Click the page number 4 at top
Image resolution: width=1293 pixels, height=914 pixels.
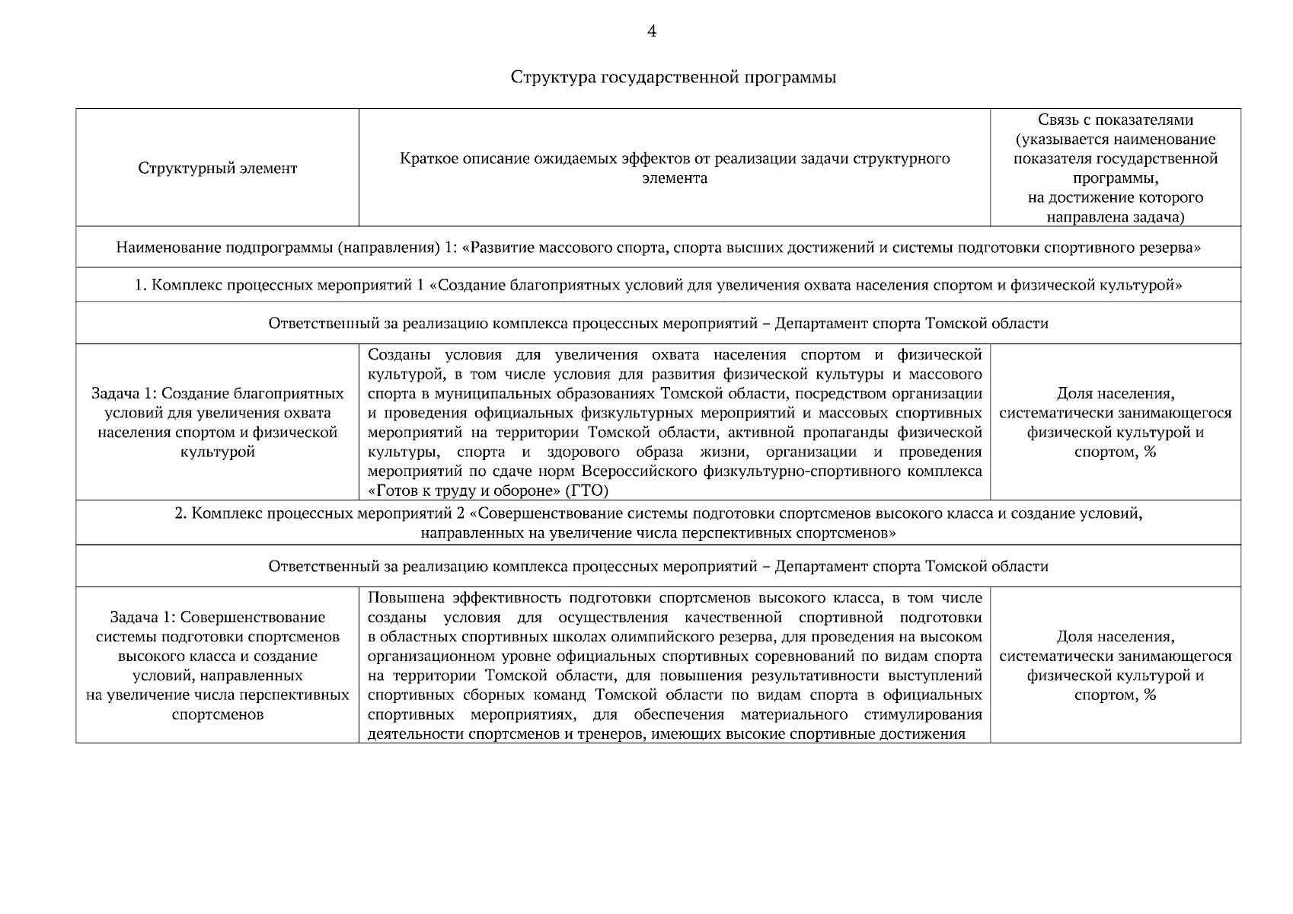(651, 31)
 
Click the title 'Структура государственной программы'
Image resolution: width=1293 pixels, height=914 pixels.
(673, 78)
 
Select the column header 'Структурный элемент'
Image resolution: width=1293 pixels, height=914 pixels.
(218, 168)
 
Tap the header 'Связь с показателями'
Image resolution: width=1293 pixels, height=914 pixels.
(1115, 120)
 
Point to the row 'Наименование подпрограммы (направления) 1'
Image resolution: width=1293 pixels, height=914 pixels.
(658, 248)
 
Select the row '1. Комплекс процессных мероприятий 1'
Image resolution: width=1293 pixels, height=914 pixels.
(658, 286)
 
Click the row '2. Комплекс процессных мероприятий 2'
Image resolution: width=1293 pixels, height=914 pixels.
(658, 523)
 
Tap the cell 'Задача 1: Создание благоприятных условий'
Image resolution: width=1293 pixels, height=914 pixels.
(218, 423)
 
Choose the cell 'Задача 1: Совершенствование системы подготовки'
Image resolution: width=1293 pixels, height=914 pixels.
(218, 666)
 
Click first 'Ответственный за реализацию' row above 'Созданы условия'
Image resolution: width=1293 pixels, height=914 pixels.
(658, 324)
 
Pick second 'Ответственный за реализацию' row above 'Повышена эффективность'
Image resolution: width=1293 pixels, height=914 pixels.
(658, 567)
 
